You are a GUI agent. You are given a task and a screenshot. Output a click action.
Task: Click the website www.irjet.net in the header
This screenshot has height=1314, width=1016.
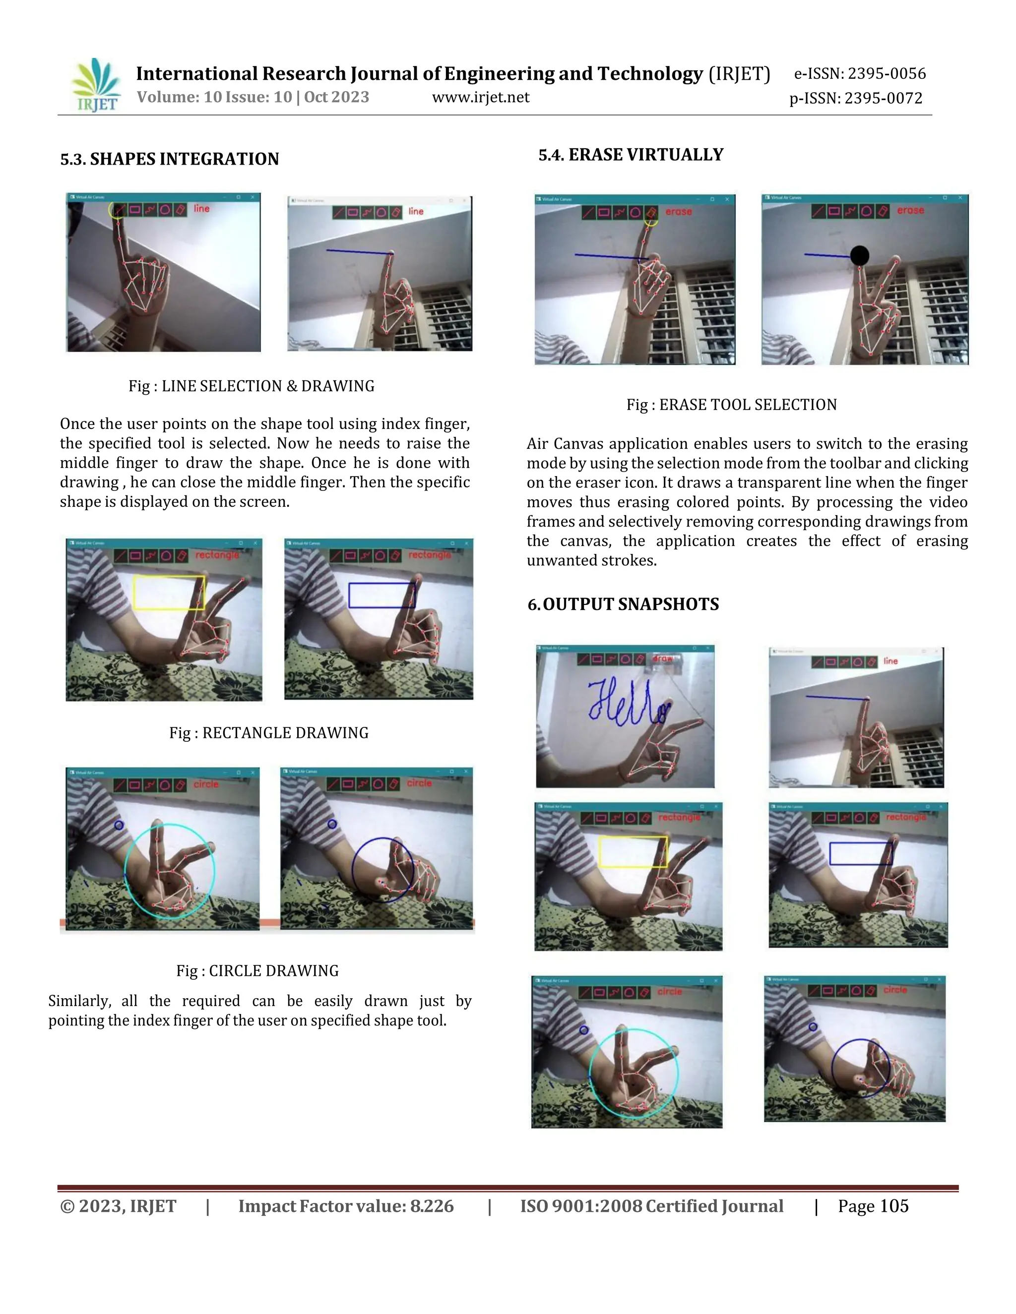[480, 98]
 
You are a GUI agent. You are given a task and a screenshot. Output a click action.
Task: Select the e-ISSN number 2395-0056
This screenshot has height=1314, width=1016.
[887, 73]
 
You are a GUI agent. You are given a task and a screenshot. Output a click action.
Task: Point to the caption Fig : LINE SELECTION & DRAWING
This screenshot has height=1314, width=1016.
[251, 386]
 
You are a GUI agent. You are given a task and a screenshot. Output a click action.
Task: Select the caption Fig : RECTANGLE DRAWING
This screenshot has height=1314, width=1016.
[268, 732]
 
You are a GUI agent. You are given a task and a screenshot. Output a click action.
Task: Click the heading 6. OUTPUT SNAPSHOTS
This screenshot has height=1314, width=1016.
[623, 604]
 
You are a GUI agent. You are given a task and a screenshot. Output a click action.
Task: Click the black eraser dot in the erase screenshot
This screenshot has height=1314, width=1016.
[860, 256]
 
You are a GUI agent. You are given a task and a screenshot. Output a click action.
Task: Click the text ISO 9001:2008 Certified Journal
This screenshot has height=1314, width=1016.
[651, 1206]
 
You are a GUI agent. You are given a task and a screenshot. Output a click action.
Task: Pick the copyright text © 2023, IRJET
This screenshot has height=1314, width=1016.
[118, 1206]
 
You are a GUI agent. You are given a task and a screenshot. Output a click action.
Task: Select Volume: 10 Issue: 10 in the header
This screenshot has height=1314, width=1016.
[214, 98]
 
